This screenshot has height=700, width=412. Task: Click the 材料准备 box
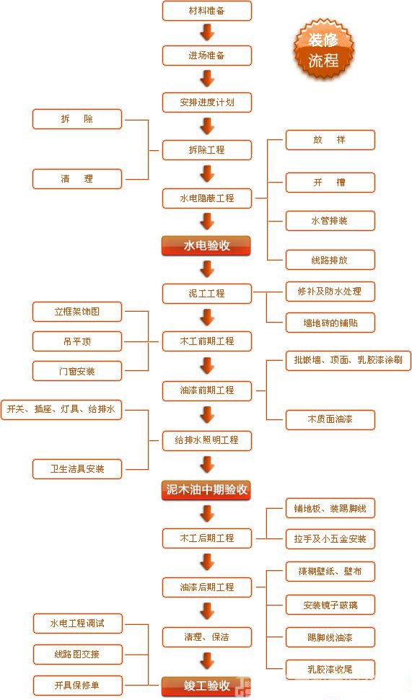coord(206,11)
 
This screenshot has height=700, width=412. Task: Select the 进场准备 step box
coord(206,56)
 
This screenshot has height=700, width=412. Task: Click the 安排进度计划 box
coord(206,102)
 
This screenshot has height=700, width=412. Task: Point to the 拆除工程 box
coord(206,150)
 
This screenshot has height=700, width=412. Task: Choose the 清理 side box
coord(77,178)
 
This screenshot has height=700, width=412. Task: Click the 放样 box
coord(330,140)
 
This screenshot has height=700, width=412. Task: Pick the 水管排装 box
coord(330,220)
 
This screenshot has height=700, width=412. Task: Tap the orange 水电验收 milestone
coord(206,245)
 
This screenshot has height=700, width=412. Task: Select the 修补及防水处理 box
coord(330,292)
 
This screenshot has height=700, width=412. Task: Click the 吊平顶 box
coord(77,341)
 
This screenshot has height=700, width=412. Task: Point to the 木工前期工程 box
coord(206,341)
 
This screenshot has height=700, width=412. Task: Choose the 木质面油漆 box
coord(330,419)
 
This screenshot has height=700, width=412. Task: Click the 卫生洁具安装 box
coord(77,468)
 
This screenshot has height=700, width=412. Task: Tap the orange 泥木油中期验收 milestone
coord(206,491)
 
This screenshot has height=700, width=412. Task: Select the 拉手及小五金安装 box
coord(330,538)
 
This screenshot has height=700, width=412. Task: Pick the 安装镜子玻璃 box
coord(330,605)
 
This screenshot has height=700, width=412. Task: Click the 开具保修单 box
coord(77,684)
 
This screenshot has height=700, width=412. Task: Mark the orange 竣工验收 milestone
coord(206,685)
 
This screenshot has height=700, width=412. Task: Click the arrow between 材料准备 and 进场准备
coord(207,32)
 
